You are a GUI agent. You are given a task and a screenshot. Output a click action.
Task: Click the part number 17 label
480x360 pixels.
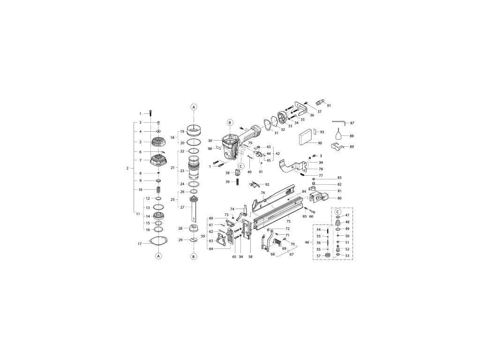140,244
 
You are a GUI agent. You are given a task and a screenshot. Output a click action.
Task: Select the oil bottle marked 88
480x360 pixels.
340,136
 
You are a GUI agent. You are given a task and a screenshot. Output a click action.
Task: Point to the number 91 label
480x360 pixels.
329,105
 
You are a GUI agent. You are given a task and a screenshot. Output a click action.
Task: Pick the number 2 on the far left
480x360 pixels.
127,168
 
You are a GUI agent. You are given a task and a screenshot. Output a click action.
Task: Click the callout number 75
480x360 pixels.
288,221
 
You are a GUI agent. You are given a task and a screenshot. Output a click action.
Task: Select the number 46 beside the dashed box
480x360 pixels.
307,242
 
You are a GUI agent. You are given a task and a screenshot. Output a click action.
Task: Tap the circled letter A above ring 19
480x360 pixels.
193,107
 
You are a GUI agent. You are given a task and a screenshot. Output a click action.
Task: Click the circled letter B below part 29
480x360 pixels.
193,256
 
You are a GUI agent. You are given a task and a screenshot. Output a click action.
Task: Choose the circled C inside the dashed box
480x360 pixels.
338,210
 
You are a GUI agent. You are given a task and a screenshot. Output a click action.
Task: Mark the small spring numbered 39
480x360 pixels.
237,181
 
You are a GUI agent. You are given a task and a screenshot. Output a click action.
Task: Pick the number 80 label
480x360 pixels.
340,198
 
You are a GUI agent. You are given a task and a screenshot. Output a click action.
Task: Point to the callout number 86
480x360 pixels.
210,149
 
